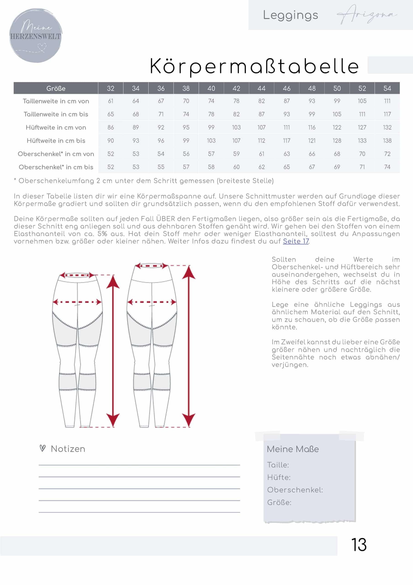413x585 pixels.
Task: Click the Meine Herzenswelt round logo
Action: click(36, 35)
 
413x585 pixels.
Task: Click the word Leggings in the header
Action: click(290, 15)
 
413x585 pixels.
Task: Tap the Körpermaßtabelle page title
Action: click(254, 66)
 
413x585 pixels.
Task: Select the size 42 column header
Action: click(236, 88)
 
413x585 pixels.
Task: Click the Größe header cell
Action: click(56, 88)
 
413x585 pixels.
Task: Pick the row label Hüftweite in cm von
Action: click(56, 127)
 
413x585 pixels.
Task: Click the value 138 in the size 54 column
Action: click(387, 141)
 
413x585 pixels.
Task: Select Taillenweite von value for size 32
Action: click(110, 101)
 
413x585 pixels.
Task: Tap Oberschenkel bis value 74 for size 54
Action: click(387, 167)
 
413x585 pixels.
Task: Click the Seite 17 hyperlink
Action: click(296, 241)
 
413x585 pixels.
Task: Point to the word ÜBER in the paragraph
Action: click(165, 219)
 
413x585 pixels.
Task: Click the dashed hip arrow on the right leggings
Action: click(152, 302)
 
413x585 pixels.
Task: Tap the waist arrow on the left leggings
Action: click(77, 275)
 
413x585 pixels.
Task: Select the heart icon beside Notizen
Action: click(43, 448)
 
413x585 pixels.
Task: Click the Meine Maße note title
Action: click(293, 449)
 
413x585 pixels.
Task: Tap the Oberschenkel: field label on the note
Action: click(295, 490)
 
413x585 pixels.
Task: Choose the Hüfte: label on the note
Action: click(279, 477)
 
